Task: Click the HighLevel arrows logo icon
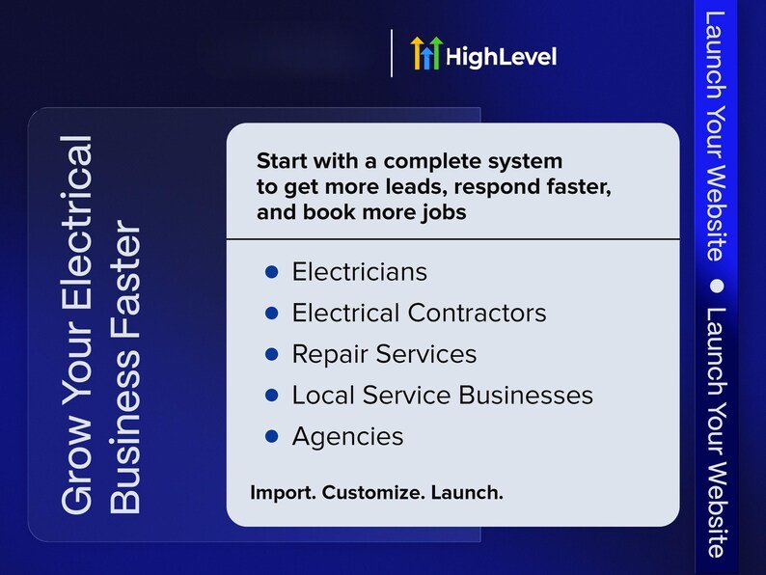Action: coord(426,53)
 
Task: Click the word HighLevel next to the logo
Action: coord(502,57)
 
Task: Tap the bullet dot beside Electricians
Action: coord(272,272)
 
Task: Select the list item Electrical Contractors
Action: coord(419,313)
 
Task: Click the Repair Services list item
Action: coord(384,354)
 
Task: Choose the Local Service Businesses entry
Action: coord(443,395)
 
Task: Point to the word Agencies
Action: coord(348,436)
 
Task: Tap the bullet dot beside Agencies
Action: coord(272,436)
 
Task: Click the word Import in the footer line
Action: coord(284,492)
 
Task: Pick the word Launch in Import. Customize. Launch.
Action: coord(467,492)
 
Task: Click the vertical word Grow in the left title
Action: coord(77,473)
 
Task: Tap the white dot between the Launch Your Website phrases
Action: coord(716,286)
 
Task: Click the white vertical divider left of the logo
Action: coord(392,53)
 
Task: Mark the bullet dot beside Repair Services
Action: coord(272,354)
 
